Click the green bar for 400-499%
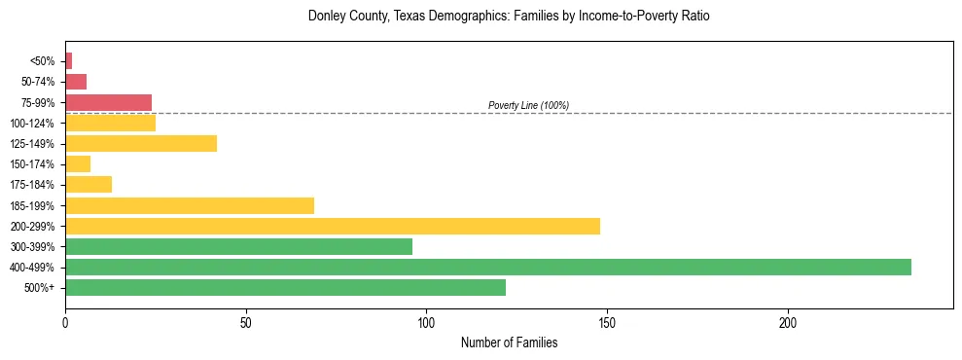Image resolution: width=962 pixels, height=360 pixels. pos(487,268)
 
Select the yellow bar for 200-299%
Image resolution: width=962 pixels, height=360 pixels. pos(333,227)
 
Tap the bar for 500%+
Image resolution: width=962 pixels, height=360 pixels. pos(285,288)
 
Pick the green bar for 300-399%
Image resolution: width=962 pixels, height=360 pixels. pos(238,247)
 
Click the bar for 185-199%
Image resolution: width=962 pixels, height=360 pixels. pos(190,205)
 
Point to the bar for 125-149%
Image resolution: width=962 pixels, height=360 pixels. pos(141,144)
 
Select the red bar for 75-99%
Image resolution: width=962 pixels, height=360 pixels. pos(108,102)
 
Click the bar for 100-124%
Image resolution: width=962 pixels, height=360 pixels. pos(110,124)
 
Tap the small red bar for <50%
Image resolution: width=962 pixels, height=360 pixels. pos(68,61)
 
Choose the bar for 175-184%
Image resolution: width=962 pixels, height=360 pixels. pos(89,185)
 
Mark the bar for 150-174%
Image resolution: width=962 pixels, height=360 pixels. pos(78,164)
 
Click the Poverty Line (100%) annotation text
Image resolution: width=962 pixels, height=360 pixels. pos(528,105)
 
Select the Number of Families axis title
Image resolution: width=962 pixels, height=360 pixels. pos(509,343)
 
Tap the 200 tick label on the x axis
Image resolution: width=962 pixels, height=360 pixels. pos(788,322)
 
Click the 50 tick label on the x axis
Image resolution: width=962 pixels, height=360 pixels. pos(246,322)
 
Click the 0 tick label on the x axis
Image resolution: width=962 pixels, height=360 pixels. pos(65,322)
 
